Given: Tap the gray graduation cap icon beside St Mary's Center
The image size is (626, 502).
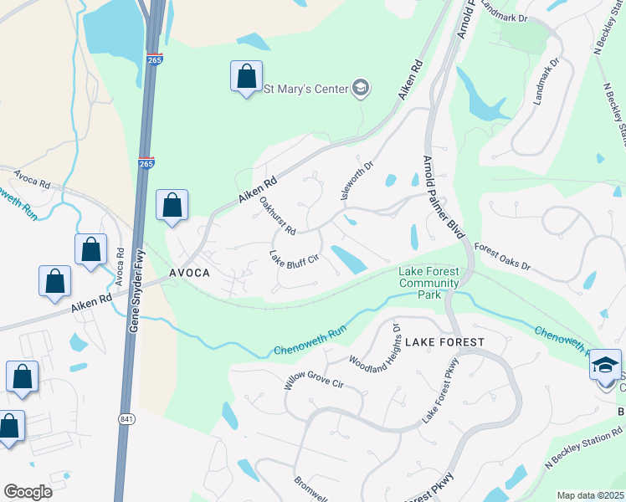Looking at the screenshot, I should [360, 89].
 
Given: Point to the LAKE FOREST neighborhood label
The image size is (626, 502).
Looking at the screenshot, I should [444, 342].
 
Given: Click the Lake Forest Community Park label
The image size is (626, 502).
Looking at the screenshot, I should [429, 283].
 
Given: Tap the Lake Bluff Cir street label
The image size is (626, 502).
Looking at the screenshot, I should [294, 259].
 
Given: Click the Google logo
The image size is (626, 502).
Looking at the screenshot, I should [28, 492].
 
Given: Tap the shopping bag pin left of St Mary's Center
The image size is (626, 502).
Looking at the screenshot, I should [246, 77].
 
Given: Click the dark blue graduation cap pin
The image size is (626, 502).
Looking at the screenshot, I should [606, 366].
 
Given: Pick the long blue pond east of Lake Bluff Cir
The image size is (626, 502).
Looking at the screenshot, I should [348, 259].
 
